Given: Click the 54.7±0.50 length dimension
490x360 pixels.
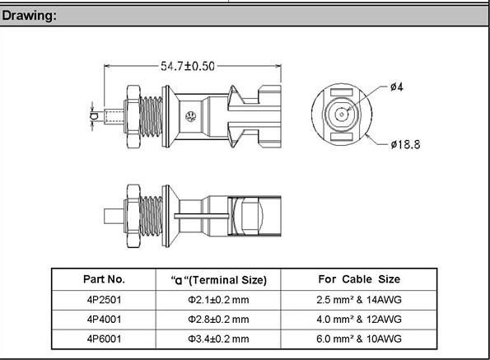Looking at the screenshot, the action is point(188,66).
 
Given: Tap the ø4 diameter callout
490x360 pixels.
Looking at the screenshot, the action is point(397,86).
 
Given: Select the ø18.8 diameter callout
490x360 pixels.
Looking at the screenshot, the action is point(405,144).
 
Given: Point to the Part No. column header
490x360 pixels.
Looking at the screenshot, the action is point(104,279).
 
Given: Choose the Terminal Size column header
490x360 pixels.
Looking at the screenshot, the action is point(219,280).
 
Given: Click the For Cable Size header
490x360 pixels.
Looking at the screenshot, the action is point(359,279).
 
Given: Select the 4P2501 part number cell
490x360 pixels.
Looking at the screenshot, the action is point(104,300).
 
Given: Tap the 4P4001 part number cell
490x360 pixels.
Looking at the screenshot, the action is point(104,320).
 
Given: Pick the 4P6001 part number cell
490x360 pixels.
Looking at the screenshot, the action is point(104,339).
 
